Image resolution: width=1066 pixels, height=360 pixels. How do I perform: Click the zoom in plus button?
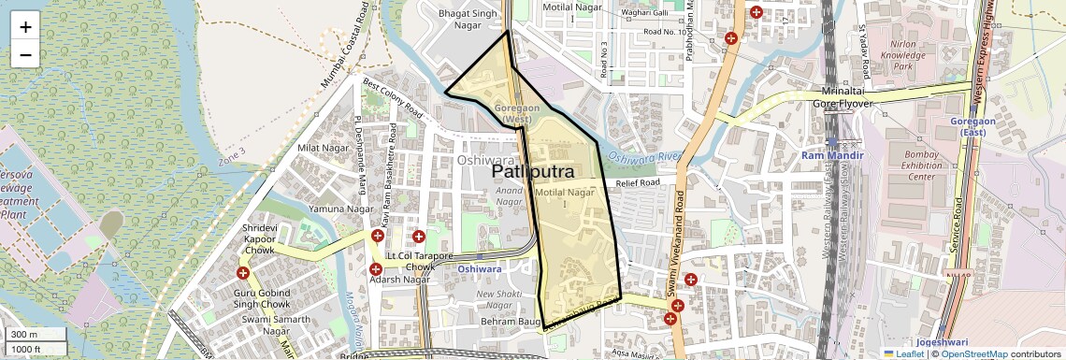[25, 26]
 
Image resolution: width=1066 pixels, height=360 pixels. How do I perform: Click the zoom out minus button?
[25, 54]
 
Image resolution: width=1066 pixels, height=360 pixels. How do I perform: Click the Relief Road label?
[639, 182]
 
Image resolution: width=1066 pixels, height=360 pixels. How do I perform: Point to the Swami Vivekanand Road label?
[681, 243]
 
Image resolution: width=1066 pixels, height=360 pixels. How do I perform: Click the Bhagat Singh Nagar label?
[468, 19]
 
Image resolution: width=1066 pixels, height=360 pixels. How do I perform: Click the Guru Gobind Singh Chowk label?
[262, 299]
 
